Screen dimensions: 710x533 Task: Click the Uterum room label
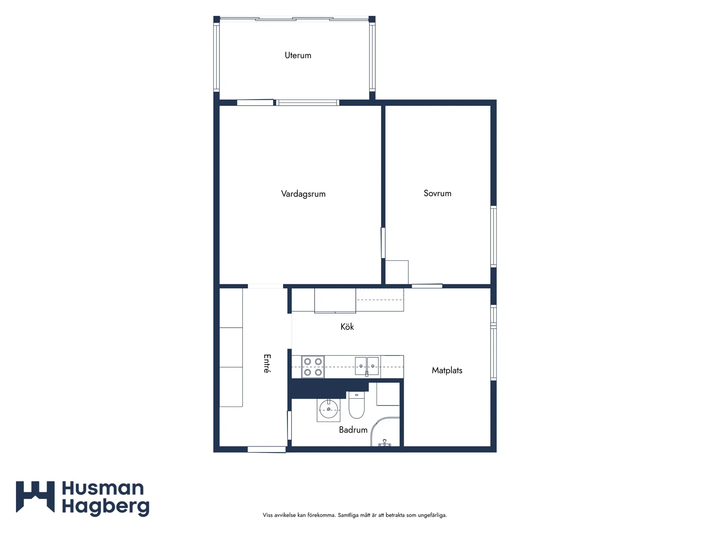pos(298,56)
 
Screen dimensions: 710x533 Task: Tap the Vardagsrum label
pos(303,194)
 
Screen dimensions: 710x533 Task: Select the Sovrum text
pos(437,193)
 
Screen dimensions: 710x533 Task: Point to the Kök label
pos(347,326)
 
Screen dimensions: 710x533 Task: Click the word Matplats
pos(447,370)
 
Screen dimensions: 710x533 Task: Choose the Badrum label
pos(353,430)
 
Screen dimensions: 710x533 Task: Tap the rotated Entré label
pos(267,363)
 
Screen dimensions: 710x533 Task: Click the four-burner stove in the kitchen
pos(313,367)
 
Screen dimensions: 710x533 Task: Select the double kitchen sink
pos(367,366)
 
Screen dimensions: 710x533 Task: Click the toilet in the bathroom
pos(356,405)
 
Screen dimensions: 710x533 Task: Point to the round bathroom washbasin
pos(328,409)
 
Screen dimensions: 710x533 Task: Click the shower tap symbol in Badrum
pos(384,443)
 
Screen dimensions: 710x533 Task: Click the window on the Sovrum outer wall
pos(493,236)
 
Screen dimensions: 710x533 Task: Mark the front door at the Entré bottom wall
pos(266,449)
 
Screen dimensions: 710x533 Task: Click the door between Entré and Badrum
pos(289,425)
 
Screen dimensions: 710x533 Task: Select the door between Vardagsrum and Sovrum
pos(383,243)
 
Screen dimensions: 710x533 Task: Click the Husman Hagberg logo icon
pos(35,497)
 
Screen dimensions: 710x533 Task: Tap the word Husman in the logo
pos(102,488)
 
